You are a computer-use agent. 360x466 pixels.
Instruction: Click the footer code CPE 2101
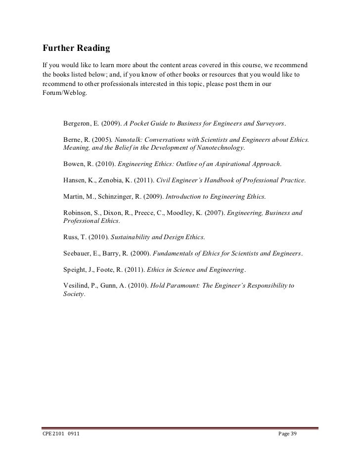pyautogui.click(x=49, y=434)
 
